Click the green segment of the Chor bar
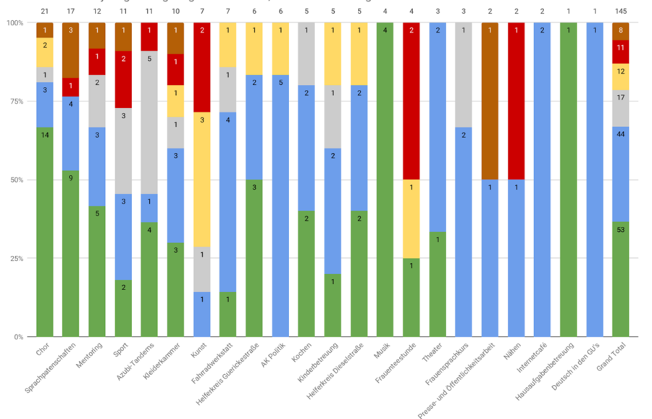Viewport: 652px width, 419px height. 45,232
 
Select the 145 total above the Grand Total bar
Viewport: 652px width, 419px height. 621,12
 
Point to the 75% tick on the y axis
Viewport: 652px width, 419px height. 14,101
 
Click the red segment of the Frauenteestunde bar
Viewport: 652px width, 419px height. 412,101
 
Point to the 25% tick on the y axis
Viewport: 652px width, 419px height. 14,258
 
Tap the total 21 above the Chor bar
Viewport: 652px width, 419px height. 45,12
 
